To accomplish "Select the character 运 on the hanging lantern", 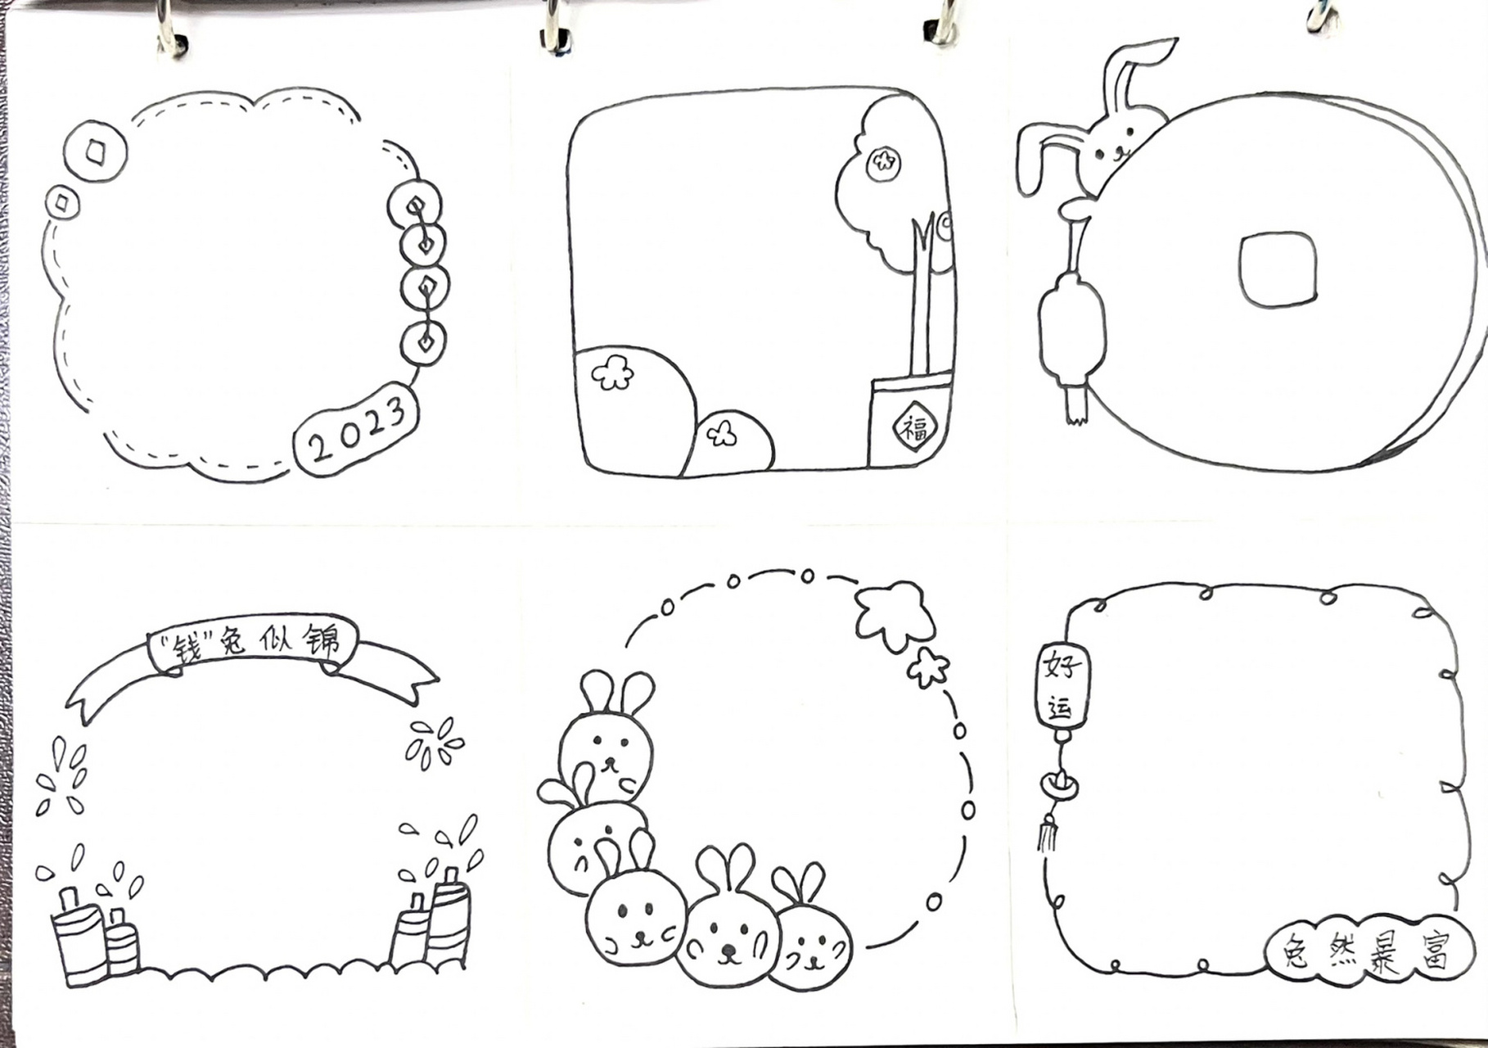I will point(1060,706).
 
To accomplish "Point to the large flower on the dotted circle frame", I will point(895,613).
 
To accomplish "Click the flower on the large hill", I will point(612,373).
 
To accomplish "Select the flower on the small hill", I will point(721,433).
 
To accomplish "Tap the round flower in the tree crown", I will point(882,163).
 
